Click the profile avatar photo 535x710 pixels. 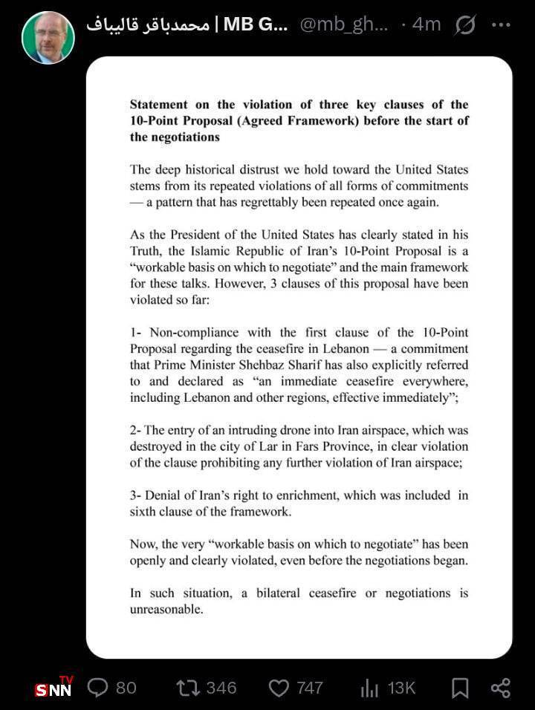(x=48, y=37)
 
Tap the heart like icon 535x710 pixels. (x=279, y=688)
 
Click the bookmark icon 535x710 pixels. (x=460, y=688)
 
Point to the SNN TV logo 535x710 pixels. (x=53, y=687)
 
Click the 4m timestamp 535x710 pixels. (x=426, y=25)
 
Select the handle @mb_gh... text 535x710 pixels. (x=344, y=25)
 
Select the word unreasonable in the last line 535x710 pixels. (x=165, y=610)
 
